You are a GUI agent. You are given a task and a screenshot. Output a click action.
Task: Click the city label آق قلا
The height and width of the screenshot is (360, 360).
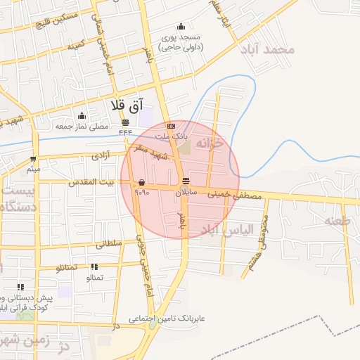127,105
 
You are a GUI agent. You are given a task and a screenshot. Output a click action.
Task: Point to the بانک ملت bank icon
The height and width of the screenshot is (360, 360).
171,126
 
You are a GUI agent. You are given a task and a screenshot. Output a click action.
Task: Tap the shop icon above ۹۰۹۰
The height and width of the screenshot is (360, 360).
141,181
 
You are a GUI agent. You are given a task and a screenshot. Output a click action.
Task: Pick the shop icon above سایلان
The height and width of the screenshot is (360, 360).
185,181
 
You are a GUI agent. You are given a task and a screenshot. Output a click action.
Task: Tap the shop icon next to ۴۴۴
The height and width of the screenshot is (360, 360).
125,122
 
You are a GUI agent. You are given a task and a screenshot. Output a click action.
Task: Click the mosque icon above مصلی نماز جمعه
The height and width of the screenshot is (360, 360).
82,116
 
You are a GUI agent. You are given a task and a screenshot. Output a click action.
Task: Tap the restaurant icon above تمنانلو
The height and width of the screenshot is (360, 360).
94,267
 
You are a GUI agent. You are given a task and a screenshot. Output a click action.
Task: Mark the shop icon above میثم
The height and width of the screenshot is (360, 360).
33,159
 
